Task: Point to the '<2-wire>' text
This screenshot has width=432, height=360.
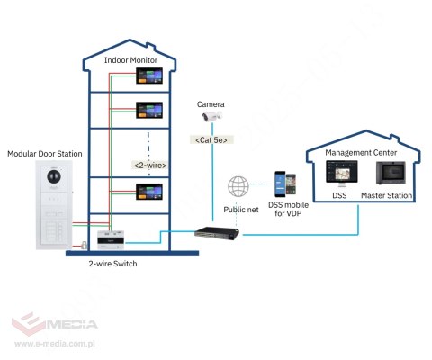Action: point(150,166)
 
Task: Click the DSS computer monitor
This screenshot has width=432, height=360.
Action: point(340,174)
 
